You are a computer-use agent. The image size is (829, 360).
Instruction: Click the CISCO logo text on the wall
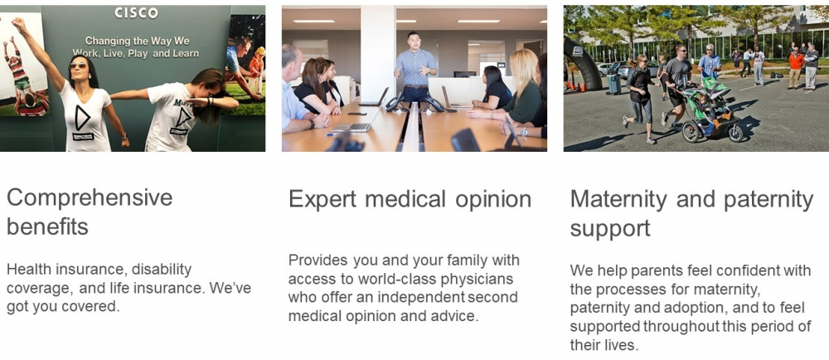pos(137,13)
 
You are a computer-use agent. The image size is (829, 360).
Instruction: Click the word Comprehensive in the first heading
pos(90,198)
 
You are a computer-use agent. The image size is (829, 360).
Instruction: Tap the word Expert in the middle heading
pos(322,200)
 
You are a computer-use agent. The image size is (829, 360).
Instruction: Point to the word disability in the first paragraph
pos(162,270)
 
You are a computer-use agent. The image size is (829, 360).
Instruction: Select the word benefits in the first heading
pos(47,226)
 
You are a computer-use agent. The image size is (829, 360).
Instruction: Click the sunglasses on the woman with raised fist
pos(79,66)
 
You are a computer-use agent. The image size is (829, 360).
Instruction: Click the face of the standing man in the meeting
pos(414,41)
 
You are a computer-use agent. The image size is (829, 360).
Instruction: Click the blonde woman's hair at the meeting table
pos(523,69)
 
